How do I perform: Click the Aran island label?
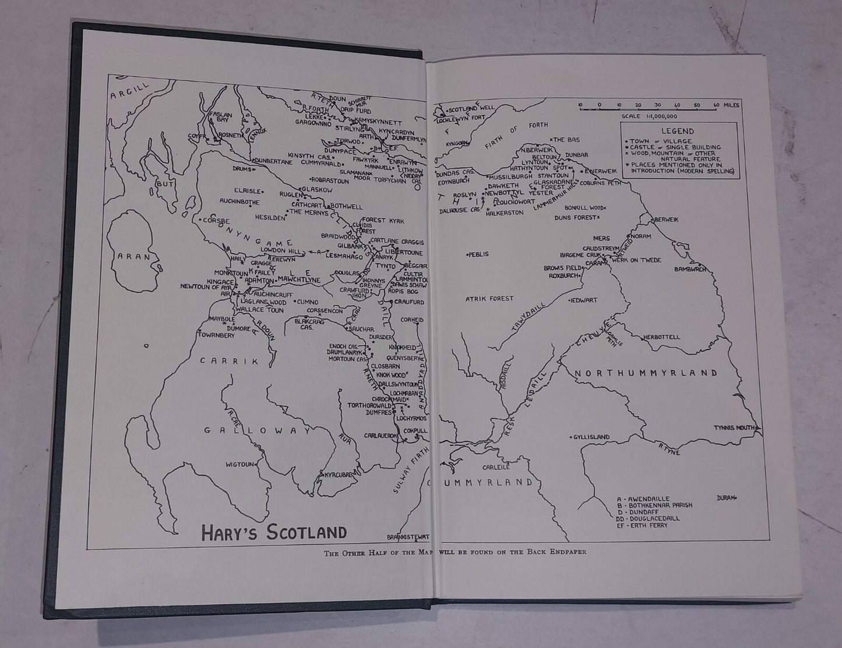(x=133, y=256)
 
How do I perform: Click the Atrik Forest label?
(x=489, y=299)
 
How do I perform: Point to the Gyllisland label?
(x=591, y=437)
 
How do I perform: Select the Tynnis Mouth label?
(x=737, y=428)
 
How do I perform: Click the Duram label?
(x=727, y=498)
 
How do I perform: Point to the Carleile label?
(x=496, y=466)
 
